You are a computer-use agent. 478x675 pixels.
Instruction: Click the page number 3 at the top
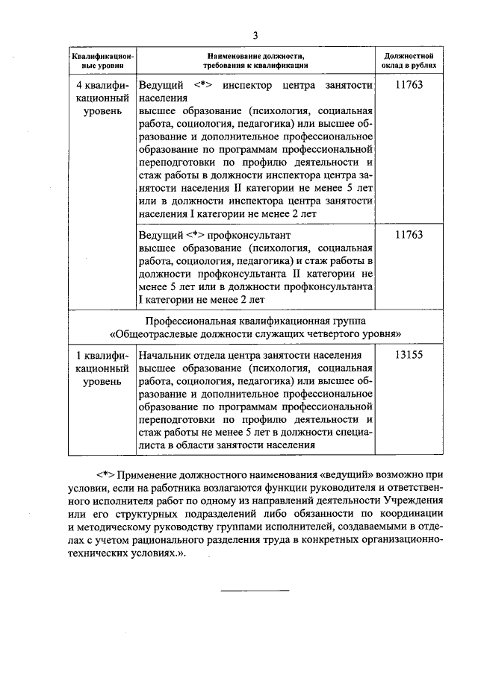[255, 35]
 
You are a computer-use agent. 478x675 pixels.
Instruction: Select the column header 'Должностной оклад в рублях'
[409, 60]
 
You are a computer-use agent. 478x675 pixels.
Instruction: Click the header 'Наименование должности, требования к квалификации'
[257, 60]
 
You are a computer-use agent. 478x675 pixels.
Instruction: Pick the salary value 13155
[409, 355]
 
